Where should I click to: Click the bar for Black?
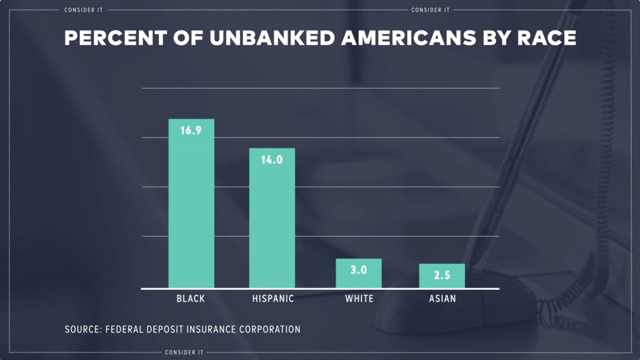[x=191, y=210]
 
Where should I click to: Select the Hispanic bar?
[x=272, y=225]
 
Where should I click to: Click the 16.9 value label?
[x=190, y=131]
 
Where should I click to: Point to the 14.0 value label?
[x=272, y=160]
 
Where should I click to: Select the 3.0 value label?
[x=358, y=270]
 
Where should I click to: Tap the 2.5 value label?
[x=442, y=275]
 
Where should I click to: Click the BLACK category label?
[x=190, y=298]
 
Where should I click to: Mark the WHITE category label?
[x=359, y=298]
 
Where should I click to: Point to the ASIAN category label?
[x=442, y=298]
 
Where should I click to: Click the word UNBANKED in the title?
[x=272, y=38]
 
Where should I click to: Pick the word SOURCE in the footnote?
[x=83, y=329]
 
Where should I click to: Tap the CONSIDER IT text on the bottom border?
[x=184, y=352]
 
